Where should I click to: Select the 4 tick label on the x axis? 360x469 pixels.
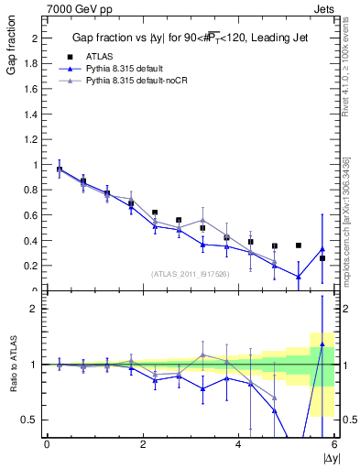[x=238, y=444]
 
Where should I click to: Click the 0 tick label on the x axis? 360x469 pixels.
[x=47, y=444]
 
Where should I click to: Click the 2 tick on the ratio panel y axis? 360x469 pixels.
[x=35, y=309]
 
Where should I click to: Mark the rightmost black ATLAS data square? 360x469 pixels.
[x=322, y=258]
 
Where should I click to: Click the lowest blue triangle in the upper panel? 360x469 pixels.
[x=299, y=277]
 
